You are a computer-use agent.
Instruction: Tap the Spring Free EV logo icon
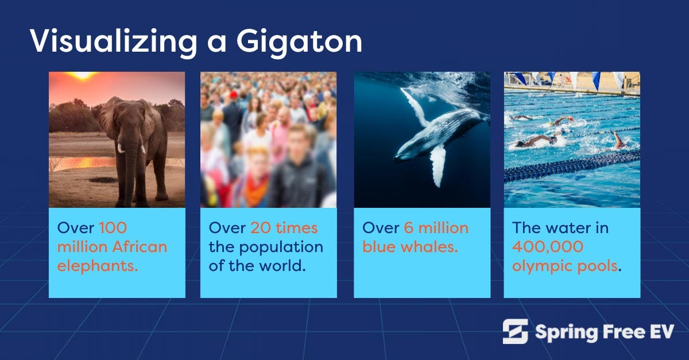(x=515, y=331)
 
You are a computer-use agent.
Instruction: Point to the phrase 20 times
(x=284, y=228)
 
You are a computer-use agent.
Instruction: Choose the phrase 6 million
(x=436, y=228)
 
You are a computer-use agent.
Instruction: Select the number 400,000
(x=548, y=247)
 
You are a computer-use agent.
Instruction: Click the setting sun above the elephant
(x=82, y=75)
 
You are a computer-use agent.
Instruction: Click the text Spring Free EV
(x=604, y=332)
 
